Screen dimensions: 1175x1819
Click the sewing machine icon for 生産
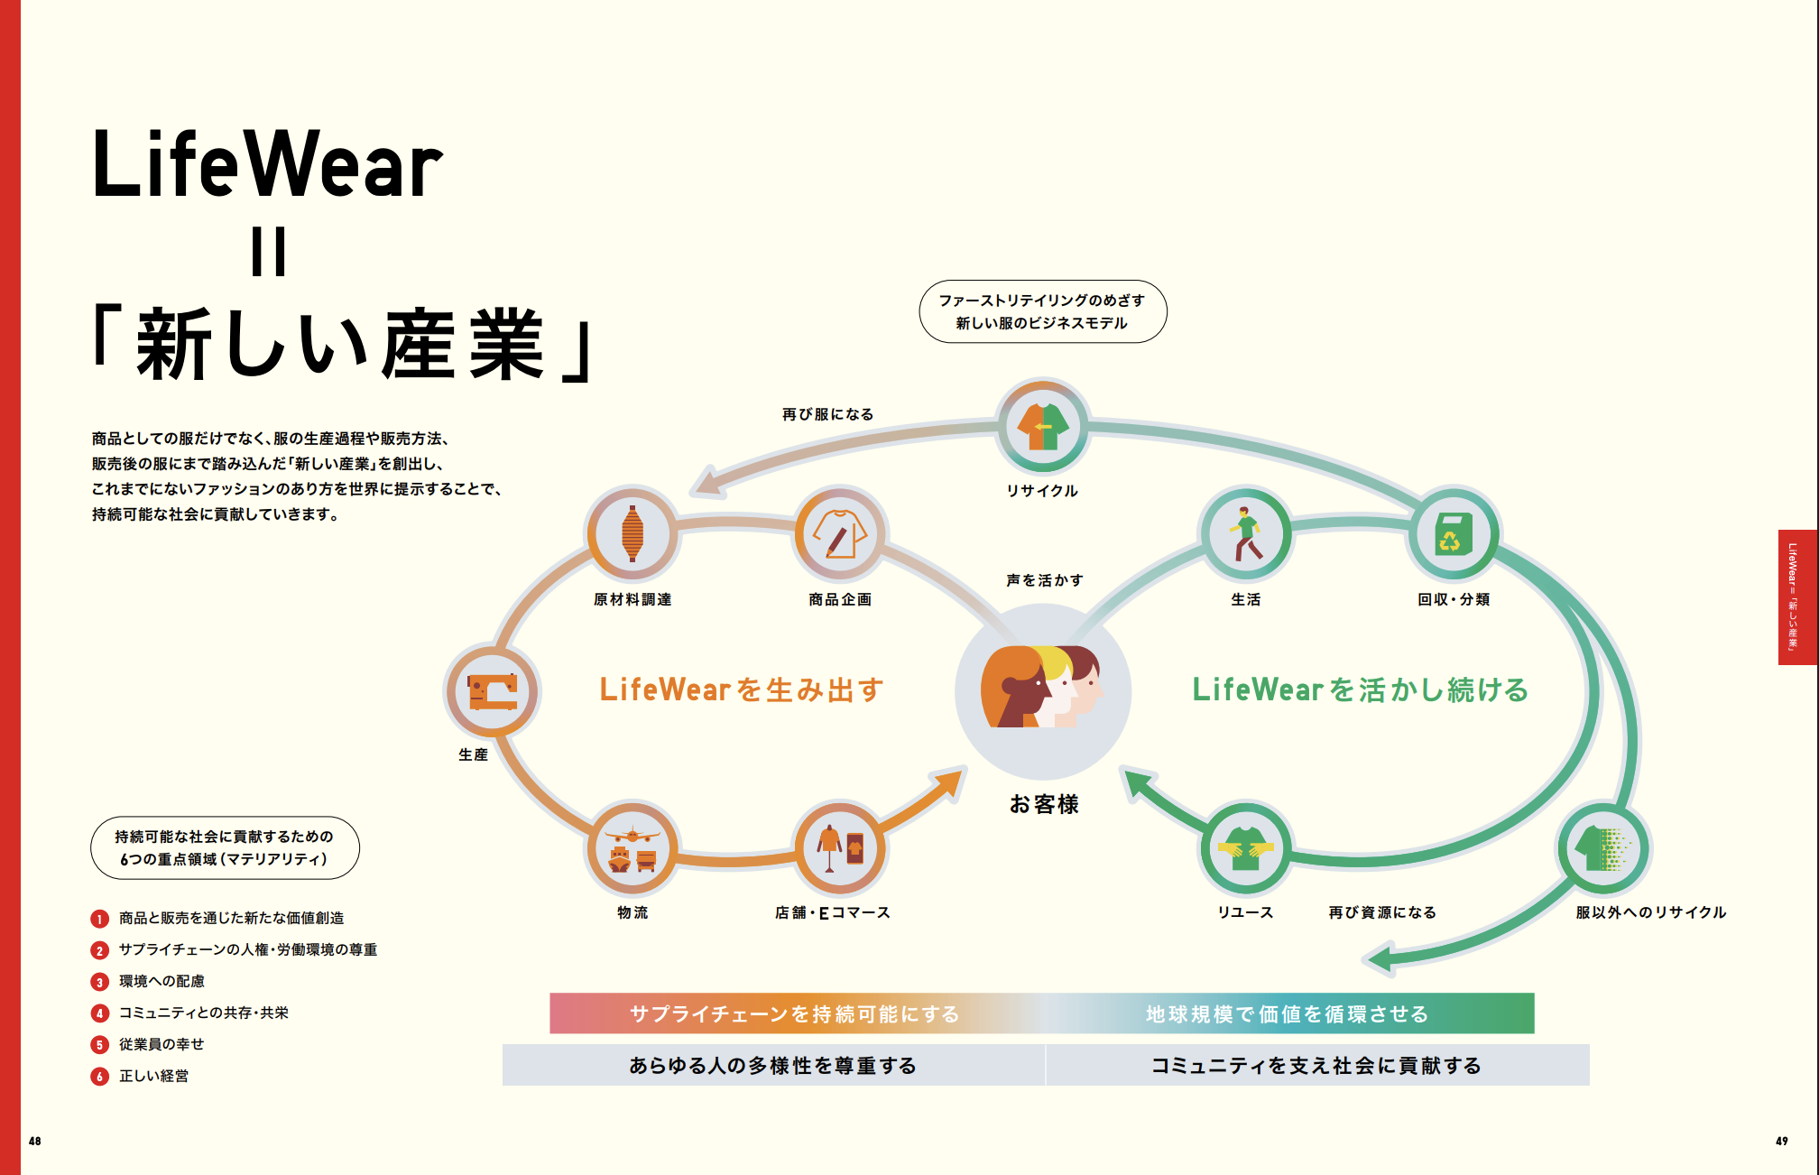[493, 692]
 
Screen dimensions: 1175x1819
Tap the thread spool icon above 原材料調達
[632, 533]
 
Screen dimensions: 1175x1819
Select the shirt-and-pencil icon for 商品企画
[840, 533]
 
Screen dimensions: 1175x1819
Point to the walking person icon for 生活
[1246, 533]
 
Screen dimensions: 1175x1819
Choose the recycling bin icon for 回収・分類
[1454, 533]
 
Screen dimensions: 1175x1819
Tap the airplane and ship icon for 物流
[632, 849]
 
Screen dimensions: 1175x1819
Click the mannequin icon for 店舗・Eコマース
[840, 849]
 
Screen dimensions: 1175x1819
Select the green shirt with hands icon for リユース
[1246, 849]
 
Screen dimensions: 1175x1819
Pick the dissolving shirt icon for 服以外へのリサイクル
[1604, 849]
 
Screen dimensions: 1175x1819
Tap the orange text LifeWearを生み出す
[741, 690]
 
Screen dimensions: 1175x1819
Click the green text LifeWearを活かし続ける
[1360, 690]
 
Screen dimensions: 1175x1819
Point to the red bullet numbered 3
[100, 982]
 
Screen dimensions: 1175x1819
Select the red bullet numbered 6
[100, 1077]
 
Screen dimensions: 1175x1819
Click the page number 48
[35, 1142]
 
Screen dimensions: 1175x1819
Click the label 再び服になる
[827, 414]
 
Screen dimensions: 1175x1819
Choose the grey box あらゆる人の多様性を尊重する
[773, 1066]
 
